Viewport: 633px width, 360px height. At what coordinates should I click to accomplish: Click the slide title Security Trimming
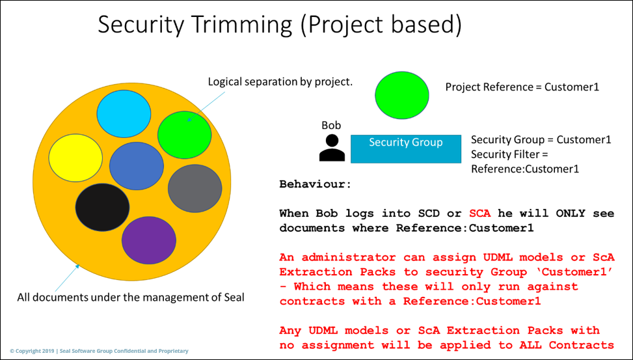click(279, 25)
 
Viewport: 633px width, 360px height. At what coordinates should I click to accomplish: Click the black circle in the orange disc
click(102, 207)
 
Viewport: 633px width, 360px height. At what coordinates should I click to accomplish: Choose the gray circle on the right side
click(195, 188)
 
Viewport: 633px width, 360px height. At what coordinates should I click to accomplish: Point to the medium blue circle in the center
click(136, 166)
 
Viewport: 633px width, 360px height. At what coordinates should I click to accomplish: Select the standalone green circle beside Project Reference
click(402, 95)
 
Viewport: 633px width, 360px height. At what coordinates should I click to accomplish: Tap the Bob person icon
click(332, 148)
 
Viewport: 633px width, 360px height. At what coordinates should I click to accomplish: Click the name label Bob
click(331, 125)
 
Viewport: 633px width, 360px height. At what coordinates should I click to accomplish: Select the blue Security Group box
click(405, 148)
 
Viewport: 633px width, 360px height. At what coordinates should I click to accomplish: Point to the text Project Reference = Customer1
click(522, 87)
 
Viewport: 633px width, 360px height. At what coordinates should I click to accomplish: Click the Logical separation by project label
click(280, 81)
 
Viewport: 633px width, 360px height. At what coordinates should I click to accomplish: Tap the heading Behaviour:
click(315, 184)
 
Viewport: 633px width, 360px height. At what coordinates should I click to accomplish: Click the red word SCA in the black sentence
click(478, 214)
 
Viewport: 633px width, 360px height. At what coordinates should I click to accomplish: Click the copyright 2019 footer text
click(99, 351)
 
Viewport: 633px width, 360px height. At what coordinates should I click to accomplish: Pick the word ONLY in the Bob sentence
click(561, 214)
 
